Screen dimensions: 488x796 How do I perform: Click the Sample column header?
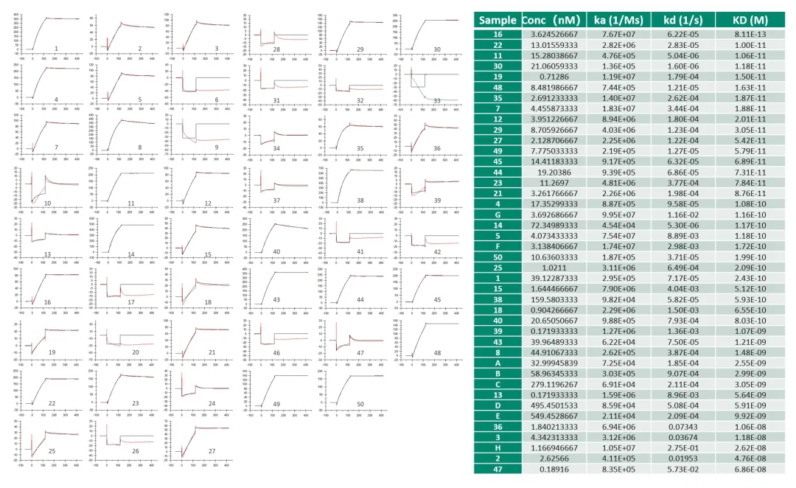[497, 20]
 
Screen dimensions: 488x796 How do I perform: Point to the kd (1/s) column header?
[682, 20]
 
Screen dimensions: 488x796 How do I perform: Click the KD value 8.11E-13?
[750, 34]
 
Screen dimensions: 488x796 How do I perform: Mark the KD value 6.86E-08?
[750, 467]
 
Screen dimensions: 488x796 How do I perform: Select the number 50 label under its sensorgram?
[360, 404]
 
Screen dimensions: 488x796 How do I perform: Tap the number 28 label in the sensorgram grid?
[276, 49]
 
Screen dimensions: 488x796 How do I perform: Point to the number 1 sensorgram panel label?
[56, 49]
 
